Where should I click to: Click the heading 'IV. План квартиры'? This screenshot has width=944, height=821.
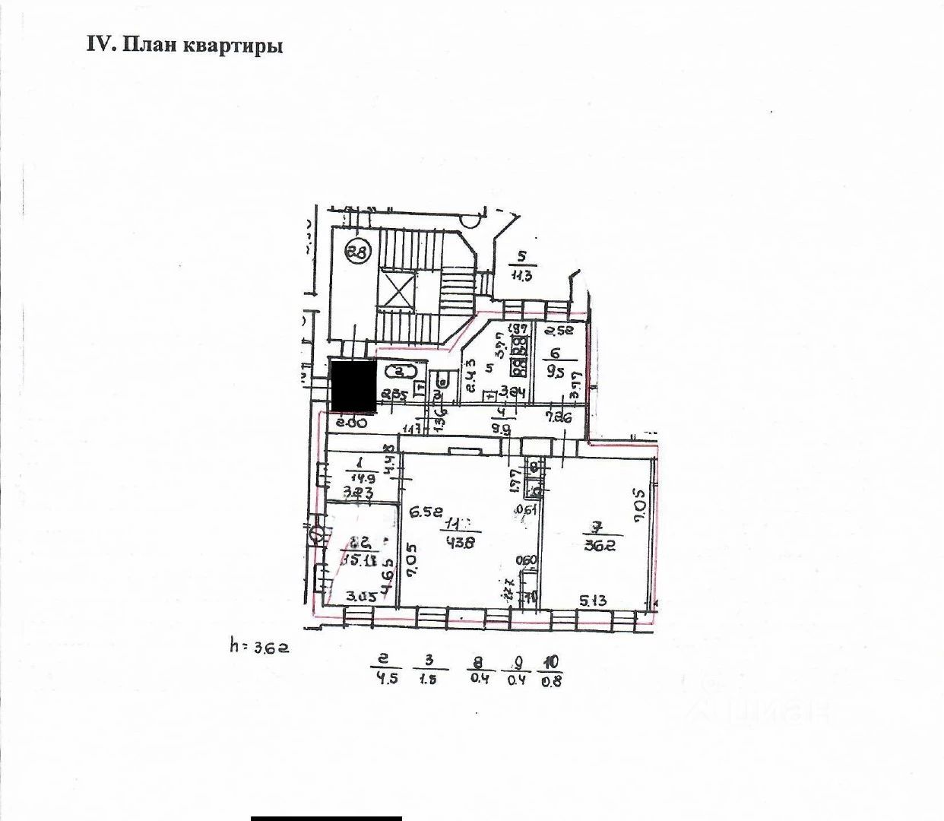point(185,45)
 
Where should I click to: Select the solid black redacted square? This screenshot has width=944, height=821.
point(352,385)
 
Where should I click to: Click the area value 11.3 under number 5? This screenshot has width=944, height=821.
point(521,275)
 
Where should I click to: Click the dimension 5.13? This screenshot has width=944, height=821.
point(594,601)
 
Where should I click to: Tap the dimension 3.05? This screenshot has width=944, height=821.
point(361,597)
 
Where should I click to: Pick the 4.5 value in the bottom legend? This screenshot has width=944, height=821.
point(388,679)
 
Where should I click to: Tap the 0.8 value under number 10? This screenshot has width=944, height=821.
point(551,681)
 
